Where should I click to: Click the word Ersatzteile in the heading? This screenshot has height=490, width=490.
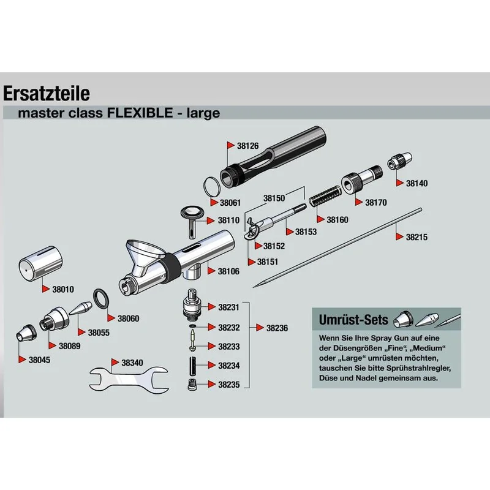pyautogui.click(x=47, y=93)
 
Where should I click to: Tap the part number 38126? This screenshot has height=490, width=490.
pyautogui.click(x=247, y=146)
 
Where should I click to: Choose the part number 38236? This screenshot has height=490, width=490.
pyautogui.click(x=276, y=328)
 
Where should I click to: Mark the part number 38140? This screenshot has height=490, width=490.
pyautogui.click(x=417, y=183)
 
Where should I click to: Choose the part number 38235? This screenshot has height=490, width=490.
pyautogui.click(x=229, y=385)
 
